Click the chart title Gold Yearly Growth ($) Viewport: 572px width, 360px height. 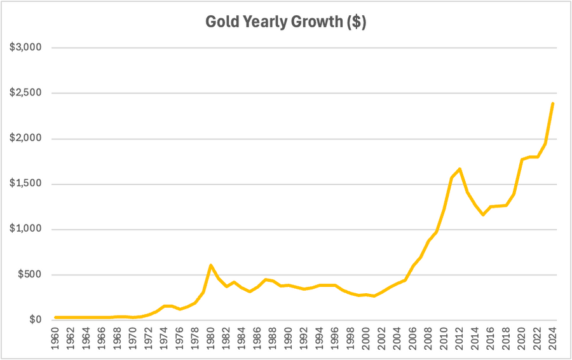tap(285, 22)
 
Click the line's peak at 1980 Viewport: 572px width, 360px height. tap(210, 265)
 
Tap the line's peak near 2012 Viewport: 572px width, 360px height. tap(460, 169)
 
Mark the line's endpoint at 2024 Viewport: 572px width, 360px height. tap(553, 103)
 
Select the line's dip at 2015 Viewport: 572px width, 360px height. tap(483, 215)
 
